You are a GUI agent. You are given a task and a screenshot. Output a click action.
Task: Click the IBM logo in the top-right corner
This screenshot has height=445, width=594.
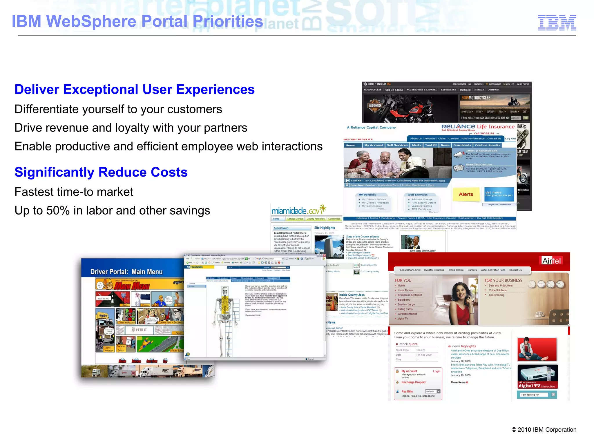tap(557, 23)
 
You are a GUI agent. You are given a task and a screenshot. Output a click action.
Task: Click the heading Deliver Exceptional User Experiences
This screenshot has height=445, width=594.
tap(135, 90)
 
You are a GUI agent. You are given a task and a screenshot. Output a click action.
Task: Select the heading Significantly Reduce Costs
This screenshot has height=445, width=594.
tap(101, 172)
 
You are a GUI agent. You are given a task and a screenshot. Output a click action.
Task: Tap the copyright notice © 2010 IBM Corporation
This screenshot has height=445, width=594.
tap(544, 430)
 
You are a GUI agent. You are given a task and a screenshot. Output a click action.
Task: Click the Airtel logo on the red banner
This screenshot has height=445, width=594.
tap(552, 261)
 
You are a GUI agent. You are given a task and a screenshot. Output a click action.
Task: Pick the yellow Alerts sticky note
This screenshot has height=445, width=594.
tap(466, 195)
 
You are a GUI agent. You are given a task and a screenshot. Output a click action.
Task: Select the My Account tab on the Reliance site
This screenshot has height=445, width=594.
tap(374, 145)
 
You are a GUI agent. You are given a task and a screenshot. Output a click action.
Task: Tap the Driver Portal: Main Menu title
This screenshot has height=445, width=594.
tap(126, 272)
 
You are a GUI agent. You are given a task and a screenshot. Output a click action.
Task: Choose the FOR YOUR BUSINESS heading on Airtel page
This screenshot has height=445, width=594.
tap(503, 280)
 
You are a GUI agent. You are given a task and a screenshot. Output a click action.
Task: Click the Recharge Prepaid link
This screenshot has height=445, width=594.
tap(413, 382)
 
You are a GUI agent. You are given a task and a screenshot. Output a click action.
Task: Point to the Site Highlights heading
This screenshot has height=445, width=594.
tap(325, 228)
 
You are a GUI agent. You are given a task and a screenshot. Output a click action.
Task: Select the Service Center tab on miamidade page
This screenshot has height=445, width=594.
tap(295, 219)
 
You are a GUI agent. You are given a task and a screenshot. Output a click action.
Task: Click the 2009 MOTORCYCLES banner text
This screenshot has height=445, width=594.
tap(476, 98)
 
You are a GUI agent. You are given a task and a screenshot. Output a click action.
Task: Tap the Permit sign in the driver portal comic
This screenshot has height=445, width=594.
tap(139, 330)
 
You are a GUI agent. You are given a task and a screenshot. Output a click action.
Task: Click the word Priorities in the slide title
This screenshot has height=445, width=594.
tap(228, 21)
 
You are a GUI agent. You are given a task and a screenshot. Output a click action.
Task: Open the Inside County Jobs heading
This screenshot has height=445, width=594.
tap(352, 295)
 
